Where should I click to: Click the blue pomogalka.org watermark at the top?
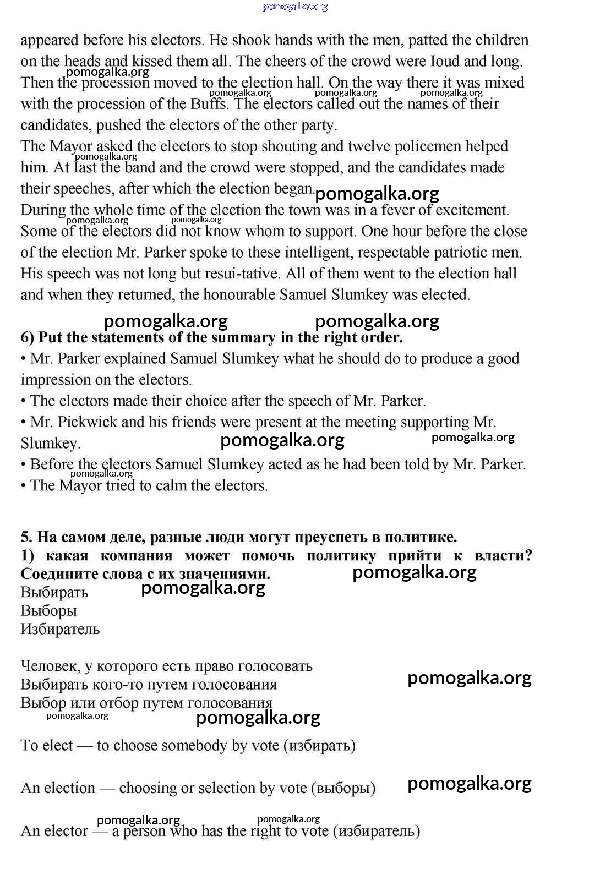click(x=295, y=7)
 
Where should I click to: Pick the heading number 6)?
click(x=28, y=337)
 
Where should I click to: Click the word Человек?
click(x=50, y=666)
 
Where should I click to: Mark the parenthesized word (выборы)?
click(x=343, y=789)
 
